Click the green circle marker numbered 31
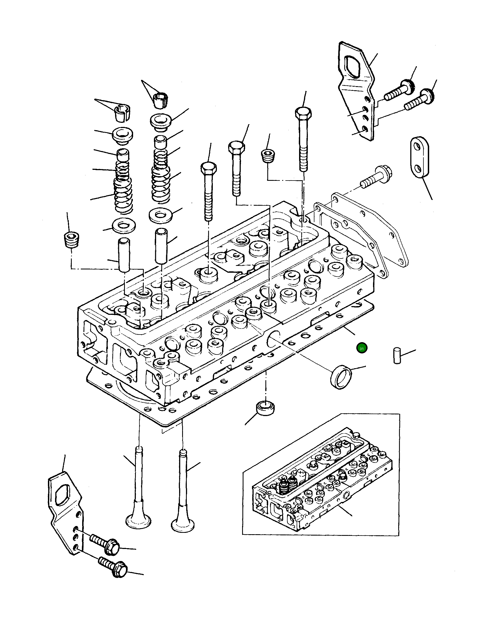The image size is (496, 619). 362,348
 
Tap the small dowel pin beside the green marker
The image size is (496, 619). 397,356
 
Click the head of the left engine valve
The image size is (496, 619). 138,520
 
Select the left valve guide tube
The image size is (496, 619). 124,254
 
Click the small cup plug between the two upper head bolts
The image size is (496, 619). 268,156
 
